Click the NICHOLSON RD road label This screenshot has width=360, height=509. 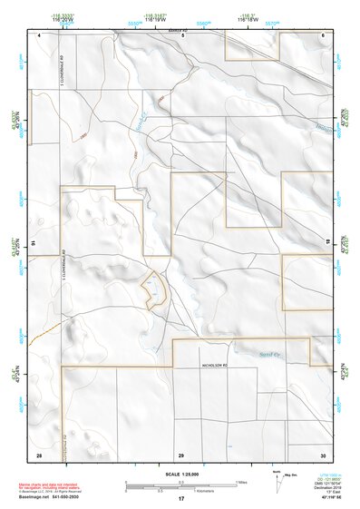(218, 365)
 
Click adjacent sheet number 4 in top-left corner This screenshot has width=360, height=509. (39, 34)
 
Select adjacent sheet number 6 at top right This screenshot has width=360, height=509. (322, 34)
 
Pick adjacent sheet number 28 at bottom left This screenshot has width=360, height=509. (39, 454)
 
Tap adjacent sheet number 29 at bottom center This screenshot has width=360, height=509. (180, 454)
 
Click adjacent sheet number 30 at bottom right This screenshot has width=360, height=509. (322, 454)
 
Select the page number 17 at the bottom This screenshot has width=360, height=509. (180, 500)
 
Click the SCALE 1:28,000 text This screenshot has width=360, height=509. (180, 474)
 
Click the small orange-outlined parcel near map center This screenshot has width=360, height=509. (155, 289)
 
